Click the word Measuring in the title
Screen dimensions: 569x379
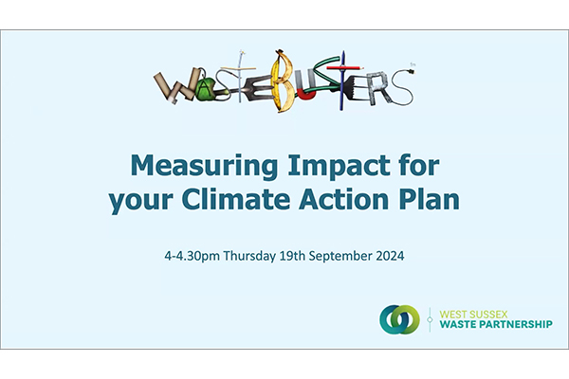(204, 167)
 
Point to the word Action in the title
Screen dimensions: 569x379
(343, 200)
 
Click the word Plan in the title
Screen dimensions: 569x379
(430, 199)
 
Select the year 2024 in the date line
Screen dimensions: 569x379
(390, 256)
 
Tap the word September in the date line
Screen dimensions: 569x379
(340, 257)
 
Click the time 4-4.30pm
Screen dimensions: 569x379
(192, 257)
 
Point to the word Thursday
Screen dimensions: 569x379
(249, 257)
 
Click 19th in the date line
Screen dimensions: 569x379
(292, 256)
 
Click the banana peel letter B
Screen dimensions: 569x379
(284, 81)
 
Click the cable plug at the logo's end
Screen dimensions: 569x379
(413, 68)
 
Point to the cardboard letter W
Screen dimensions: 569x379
(174, 87)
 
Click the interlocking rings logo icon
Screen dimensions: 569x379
(399, 319)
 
